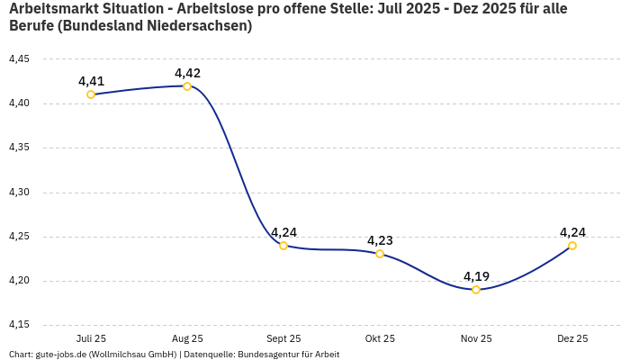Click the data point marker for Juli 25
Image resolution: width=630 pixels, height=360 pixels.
click(91, 94)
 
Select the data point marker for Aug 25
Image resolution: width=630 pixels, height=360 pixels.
click(187, 86)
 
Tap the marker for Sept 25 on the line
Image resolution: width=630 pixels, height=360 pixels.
click(283, 246)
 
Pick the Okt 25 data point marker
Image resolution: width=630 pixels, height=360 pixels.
click(380, 254)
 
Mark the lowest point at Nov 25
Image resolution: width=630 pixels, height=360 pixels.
click(476, 290)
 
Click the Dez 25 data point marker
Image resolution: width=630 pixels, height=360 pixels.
click(572, 246)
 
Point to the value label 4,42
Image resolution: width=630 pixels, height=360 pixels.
click(187, 73)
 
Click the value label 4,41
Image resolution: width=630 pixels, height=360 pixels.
click(91, 81)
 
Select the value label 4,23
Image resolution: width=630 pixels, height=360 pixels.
click(380, 240)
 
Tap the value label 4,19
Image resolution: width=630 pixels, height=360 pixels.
click(476, 276)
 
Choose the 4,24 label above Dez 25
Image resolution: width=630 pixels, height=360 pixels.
click(572, 232)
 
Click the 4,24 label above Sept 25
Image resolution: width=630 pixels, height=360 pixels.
click(283, 232)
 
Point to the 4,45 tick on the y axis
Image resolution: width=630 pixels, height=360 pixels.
click(19, 59)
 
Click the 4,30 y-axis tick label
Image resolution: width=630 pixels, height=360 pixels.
click(19, 193)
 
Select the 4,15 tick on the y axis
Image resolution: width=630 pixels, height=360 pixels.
click(19, 325)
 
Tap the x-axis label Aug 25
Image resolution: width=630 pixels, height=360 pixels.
click(187, 339)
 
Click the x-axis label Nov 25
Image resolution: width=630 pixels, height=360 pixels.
click(476, 339)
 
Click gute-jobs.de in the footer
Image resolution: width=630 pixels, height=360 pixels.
click(60, 355)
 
